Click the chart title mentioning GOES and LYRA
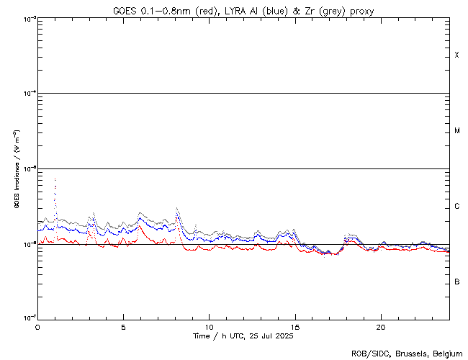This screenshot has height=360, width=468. point(243,11)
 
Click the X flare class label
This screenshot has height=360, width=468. point(456,55)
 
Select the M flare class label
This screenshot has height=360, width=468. point(456,131)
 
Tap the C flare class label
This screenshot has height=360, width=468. point(456,207)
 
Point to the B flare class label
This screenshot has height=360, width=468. point(456,282)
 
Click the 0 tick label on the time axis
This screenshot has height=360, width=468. point(37,326)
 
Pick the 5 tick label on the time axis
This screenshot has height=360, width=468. point(123,326)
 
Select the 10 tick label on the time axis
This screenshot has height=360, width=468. point(209,326)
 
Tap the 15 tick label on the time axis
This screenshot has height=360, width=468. point(294,326)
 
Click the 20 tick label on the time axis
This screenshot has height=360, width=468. point(380,326)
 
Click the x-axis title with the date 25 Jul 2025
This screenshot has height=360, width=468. point(243,336)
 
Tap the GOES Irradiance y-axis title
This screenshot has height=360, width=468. point(15,169)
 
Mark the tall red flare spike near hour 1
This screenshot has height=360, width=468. point(55,179)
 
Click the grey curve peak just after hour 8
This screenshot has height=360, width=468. point(177,208)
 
